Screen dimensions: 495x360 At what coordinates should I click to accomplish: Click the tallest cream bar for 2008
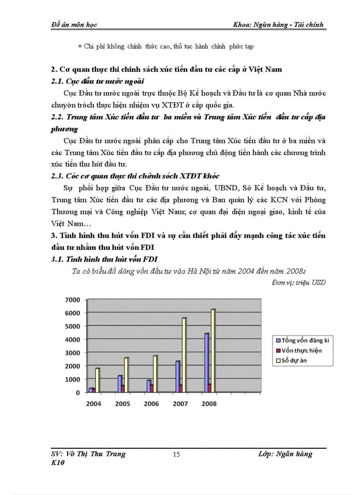coord(213,350)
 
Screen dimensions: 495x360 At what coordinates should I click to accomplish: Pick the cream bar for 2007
coord(184,355)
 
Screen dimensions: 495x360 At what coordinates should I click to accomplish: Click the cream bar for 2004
coord(97,380)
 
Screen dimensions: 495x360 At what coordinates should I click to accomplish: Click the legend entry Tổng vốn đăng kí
coord(305,340)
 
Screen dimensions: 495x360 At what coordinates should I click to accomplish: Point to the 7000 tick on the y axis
coord(73,300)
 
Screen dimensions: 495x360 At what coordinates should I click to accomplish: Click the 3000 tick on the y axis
coord(73,353)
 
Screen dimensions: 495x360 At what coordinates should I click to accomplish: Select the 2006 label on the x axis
coord(151,404)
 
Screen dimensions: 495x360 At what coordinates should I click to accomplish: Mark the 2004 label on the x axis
coord(93,404)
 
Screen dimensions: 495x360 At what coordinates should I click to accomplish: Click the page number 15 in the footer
coord(176,454)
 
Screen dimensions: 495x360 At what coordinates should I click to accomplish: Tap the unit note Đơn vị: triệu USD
coord(299,283)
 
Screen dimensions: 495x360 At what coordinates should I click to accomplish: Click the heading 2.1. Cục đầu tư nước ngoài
coord(98,82)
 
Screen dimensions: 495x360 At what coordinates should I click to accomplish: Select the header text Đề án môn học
coord(73,25)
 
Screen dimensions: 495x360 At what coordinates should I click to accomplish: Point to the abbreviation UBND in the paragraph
coord(212,189)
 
